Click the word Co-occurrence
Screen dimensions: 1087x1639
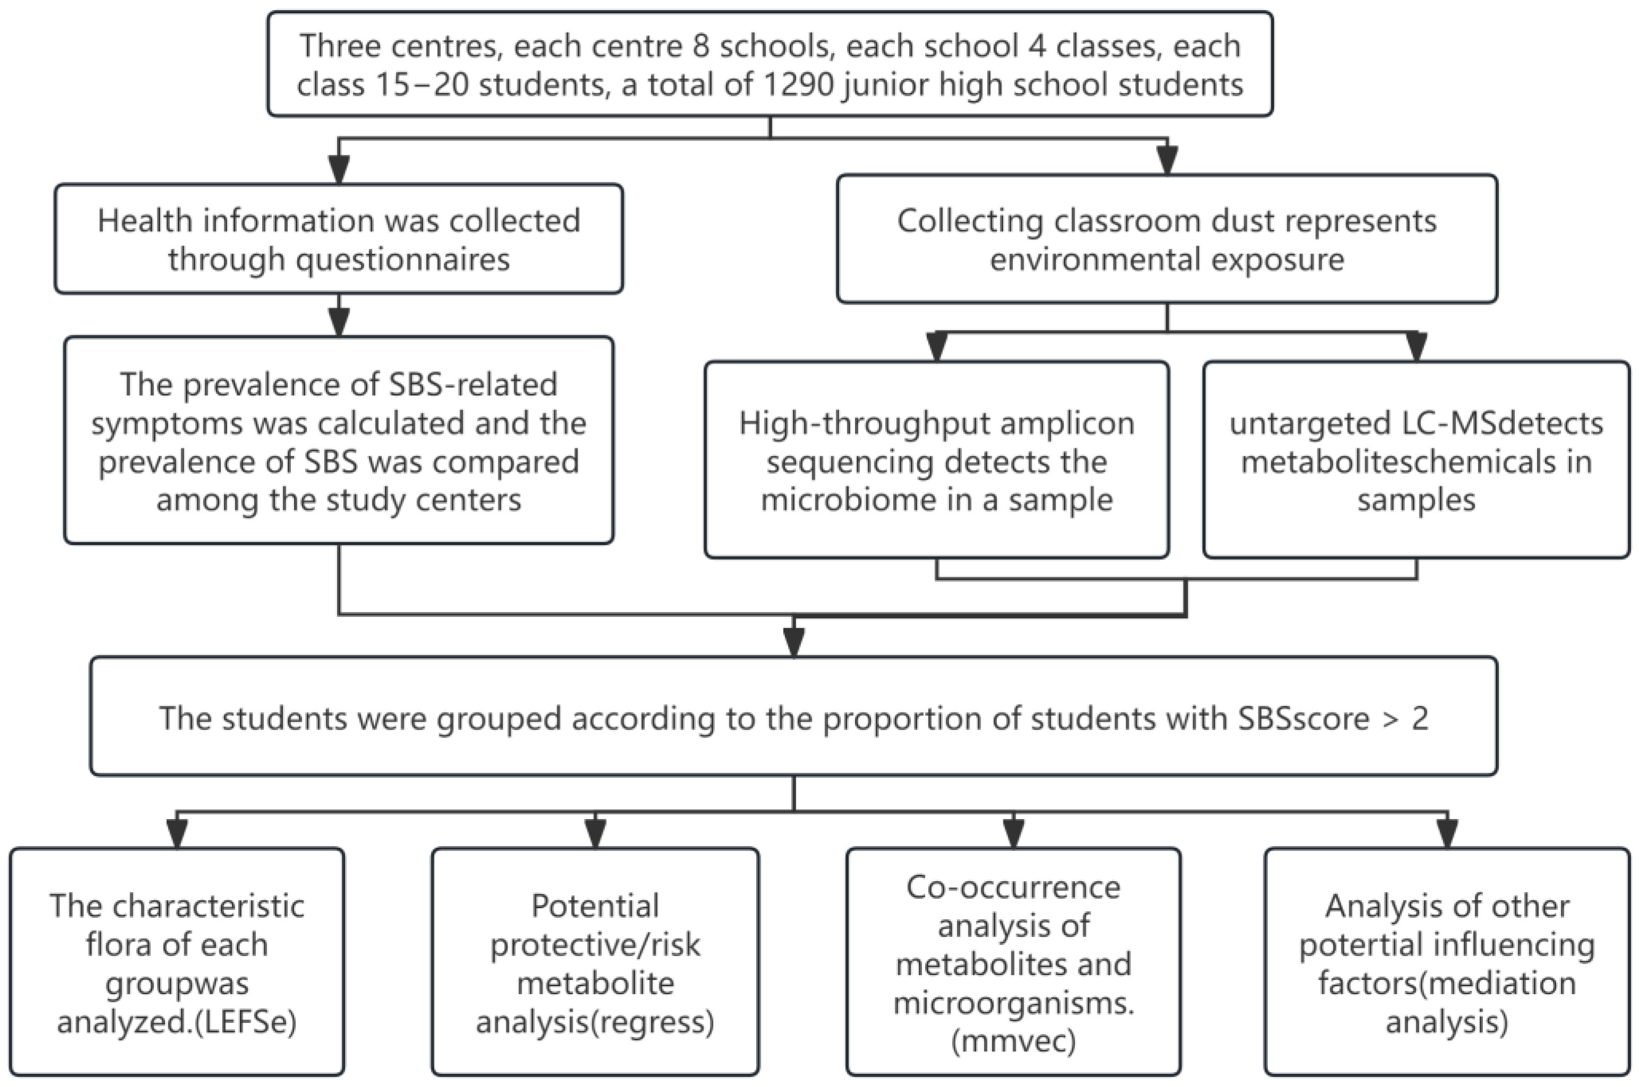coord(1013,888)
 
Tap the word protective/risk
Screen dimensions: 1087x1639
coord(595,945)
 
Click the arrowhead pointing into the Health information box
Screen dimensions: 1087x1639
coord(339,170)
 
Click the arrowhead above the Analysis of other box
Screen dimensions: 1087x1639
coord(1447,834)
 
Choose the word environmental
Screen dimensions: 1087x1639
coord(1096,260)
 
